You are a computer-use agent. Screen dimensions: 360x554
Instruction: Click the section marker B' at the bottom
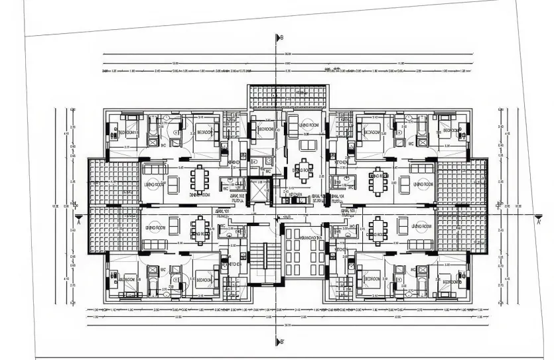279,341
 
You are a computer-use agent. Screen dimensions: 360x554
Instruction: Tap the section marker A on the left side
79,219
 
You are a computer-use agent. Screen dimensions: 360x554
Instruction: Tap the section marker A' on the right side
539,219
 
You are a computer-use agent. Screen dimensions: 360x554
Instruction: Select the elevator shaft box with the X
255,186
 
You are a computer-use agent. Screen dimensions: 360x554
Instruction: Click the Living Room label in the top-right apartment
422,184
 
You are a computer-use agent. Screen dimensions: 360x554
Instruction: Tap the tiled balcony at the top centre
288,97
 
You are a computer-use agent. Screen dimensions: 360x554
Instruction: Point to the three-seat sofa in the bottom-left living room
154,245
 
